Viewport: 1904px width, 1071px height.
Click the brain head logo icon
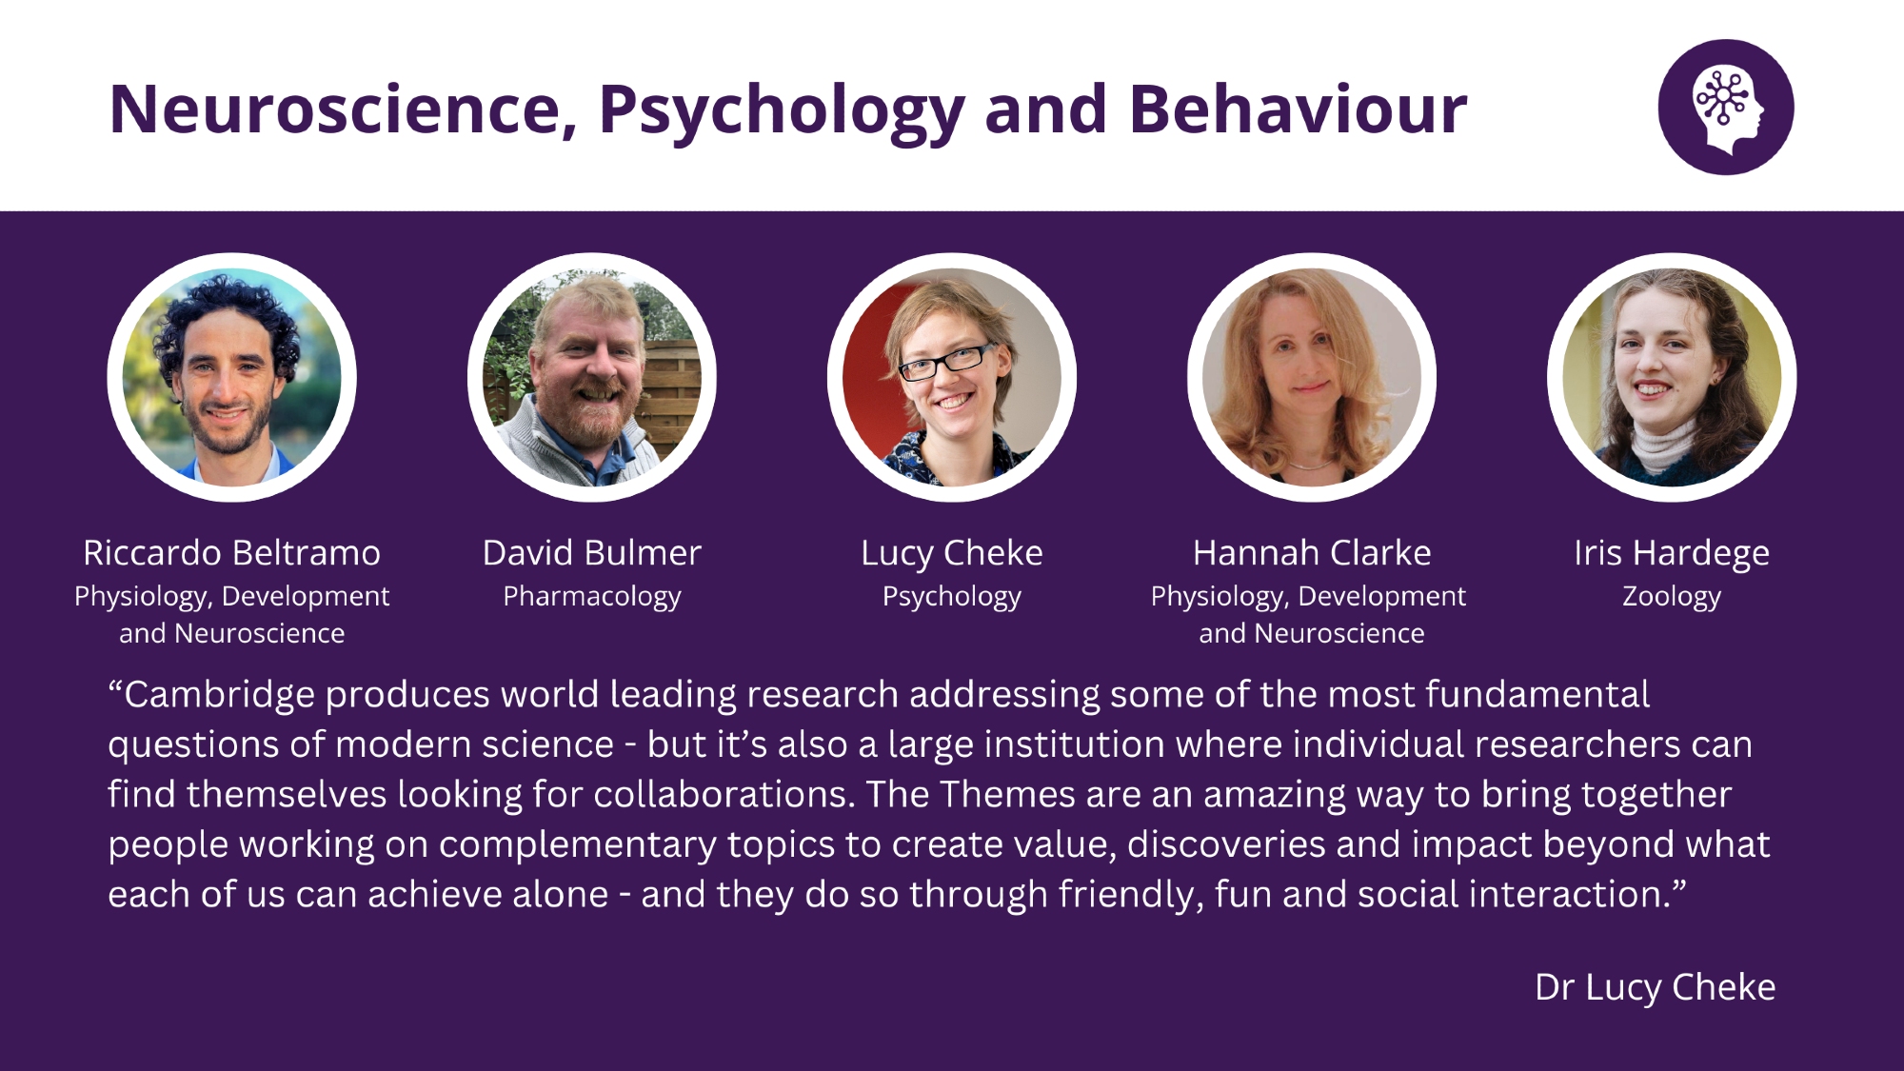pyautogui.click(x=1726, y=107)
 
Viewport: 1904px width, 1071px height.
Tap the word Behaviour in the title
pyautogui.click(x=1298, y=109)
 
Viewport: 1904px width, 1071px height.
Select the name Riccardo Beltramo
pyautogui.click(x=231, y=553)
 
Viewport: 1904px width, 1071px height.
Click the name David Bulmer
pyautogui.click(x=591, y=553)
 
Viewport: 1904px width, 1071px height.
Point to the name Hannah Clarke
pyautogui.click(x=1312, y=553)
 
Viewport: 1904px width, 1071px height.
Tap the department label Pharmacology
pyautogui.click(x=592, y=597)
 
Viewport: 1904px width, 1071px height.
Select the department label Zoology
pyautogui.click(x=1672, y=597)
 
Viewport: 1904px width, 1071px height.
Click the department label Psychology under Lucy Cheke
pyautogui.click(x=952, y=597)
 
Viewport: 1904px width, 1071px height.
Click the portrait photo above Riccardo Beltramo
pyautogui.click(x=231, y=377)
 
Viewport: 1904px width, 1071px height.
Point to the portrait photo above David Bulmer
pyautogui.click(x=592, y=377)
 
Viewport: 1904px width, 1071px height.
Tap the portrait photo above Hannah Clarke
pyautogui.click(x=1312, y=377)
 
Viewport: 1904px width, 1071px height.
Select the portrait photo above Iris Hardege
pyautogui.click(x=1672, y=377)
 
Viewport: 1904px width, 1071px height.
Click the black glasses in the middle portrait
pyautogui.click(x=945, y=362)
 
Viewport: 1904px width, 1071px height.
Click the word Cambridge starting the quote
pyautogui.click(x=219, y=695)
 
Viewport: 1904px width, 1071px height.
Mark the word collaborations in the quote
pyautogui.click(x=724, y=794)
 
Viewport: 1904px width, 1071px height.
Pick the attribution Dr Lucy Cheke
pyautogui.click(x=1656, y=988)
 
